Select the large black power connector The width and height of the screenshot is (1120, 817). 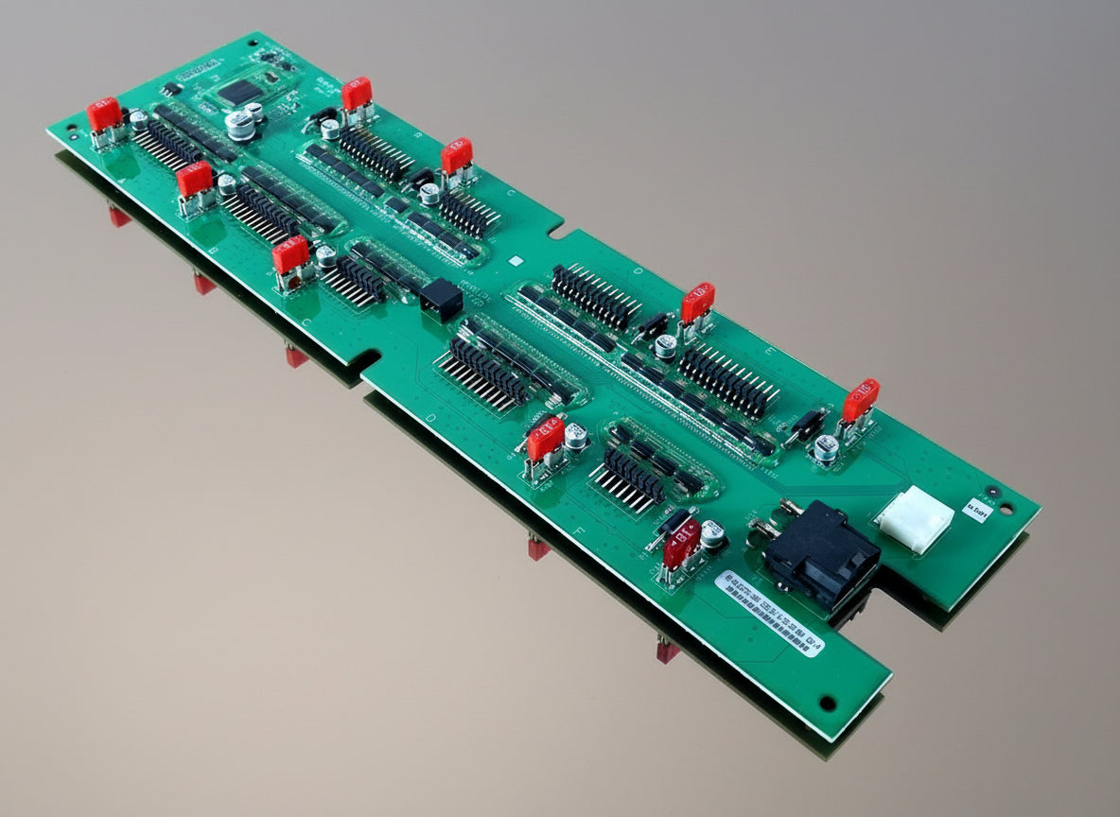click(x=820, y=553)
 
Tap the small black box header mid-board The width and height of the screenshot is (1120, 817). click(x=441, y=301)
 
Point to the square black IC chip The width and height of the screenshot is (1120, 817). click(x=239, y=92)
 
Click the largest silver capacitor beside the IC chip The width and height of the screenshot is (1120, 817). click(x=240, y=125)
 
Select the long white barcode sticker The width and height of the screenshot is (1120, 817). click(x=769, y=609)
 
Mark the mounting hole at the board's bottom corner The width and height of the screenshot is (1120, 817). click(x=828, y=704)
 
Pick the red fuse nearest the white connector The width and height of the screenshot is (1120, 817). click(x=861, y=400)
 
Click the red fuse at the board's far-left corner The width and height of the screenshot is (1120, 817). click(x=104, y=114)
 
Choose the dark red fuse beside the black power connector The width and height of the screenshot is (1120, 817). click(x=681, y=543)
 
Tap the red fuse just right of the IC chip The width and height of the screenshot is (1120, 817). click(x=357, y=94)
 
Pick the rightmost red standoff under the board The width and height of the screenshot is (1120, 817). click(x=668, y=652)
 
